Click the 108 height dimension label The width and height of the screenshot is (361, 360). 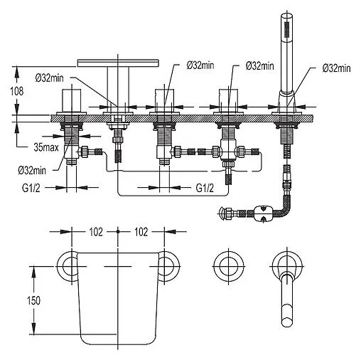(x=17, y=91)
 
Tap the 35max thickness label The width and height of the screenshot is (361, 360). (x=46, y=147)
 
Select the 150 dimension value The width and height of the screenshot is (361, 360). (x=33, y=301)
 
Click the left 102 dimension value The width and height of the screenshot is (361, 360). (x=96, y=232)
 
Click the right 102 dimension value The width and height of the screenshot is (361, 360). (x=141, y=232)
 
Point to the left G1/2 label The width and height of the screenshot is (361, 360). (x=31, y=188)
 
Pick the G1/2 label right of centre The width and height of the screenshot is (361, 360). (x=205, y=188)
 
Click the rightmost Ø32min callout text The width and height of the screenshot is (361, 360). (x=336, y=68)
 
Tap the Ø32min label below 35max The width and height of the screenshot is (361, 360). (x=32, y=170)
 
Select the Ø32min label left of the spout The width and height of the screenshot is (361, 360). (x=50, y=78)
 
